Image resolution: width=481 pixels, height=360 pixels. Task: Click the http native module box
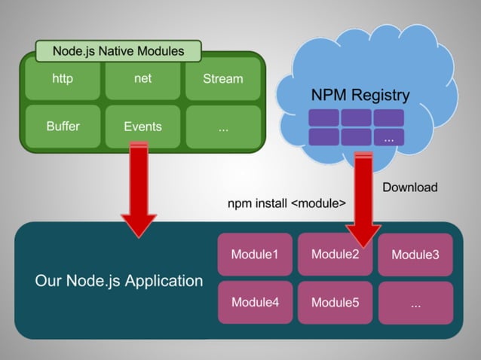tap(63, 80)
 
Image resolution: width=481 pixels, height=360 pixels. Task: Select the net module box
tap(142, 80)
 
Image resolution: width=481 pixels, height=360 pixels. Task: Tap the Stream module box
tap(223, 80)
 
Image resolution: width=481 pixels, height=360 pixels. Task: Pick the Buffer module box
tap(63, 126)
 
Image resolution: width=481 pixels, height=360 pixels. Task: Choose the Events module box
tap(142, 126)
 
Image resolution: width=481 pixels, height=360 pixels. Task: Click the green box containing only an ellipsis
tap(223, 126)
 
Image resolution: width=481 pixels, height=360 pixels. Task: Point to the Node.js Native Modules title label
tap(118, 51)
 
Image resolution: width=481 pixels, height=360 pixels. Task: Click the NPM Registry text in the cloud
tap(360, 96)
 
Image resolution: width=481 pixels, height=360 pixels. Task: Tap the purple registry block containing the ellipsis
tap(388, 137)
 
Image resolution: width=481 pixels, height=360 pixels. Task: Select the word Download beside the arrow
tap(409, 187)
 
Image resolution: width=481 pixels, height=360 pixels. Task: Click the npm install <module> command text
tap(286, 203)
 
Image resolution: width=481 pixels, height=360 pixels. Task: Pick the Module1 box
tap(255, 255)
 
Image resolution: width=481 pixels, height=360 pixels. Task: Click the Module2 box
tap(335, 255)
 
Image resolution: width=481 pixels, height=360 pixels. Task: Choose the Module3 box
tap(415, 255)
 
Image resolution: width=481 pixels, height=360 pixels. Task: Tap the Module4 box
tap(255, 302)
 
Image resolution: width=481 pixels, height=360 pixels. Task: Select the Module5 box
tap(335, 302)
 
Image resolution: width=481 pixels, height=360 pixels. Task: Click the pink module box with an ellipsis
tap(415, 302)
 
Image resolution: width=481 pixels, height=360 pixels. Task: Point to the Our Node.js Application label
tap(119, 281)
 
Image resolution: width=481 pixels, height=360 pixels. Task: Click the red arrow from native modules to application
tap(138, 188)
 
